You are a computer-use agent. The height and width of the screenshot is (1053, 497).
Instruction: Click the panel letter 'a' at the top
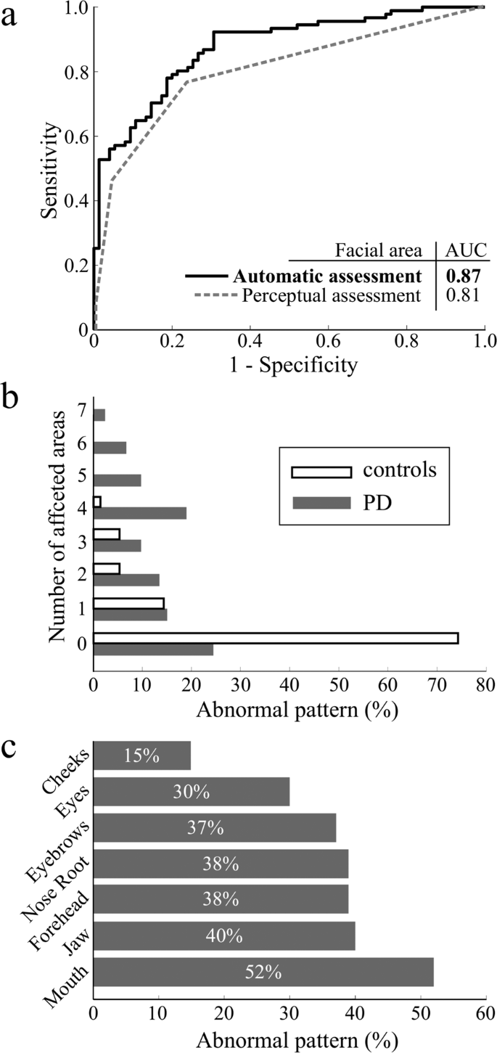tap(10, 16)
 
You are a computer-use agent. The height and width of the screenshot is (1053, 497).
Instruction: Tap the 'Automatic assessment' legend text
tap(327, 276)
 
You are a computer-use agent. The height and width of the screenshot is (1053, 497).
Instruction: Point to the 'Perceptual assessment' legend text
tap(332, 296)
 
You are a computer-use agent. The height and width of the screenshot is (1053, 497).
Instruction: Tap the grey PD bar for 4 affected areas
tap(140, 513)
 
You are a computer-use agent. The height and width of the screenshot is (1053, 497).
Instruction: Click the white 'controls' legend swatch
tap(321, 472)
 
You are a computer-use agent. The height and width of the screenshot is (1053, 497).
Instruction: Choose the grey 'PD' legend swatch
tap(321, 501)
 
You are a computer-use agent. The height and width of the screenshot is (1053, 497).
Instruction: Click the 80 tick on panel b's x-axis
tap(485, 684)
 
